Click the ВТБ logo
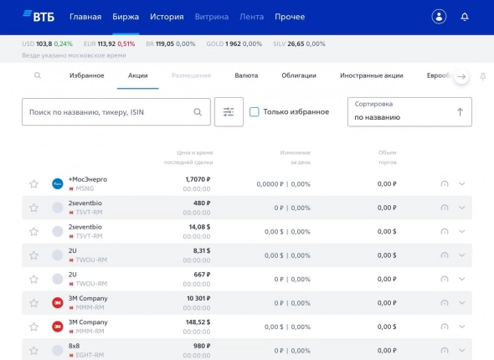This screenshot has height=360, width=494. [x=39, y=16]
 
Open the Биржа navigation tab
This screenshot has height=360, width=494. [x=126, y=17]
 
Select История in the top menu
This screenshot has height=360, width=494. [x=167, y=17]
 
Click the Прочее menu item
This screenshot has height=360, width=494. [x=289, y=17]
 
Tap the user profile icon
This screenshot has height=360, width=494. [x=439, y=17]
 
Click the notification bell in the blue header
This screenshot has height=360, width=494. [x=465, y=17]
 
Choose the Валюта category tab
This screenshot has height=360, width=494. [x=246, y=75]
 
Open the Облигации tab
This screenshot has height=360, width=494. [x=299, y=75]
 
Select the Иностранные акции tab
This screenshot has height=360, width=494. [x=371, y=75]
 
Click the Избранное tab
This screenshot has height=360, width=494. [x=87, y=75]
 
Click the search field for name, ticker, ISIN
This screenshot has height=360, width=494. [x=109, y=111]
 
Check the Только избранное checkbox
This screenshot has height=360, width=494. [x=255, y=111]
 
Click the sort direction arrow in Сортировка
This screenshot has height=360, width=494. [x=460, y=111]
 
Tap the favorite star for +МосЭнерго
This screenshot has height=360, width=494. [x=34, y=183]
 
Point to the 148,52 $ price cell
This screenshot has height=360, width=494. [x=193, y=321]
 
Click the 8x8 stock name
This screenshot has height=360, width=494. [x=74, y=345]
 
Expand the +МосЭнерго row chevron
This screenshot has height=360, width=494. [x=462, y=183]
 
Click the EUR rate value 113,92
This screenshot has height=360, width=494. [x=105, y=44]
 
